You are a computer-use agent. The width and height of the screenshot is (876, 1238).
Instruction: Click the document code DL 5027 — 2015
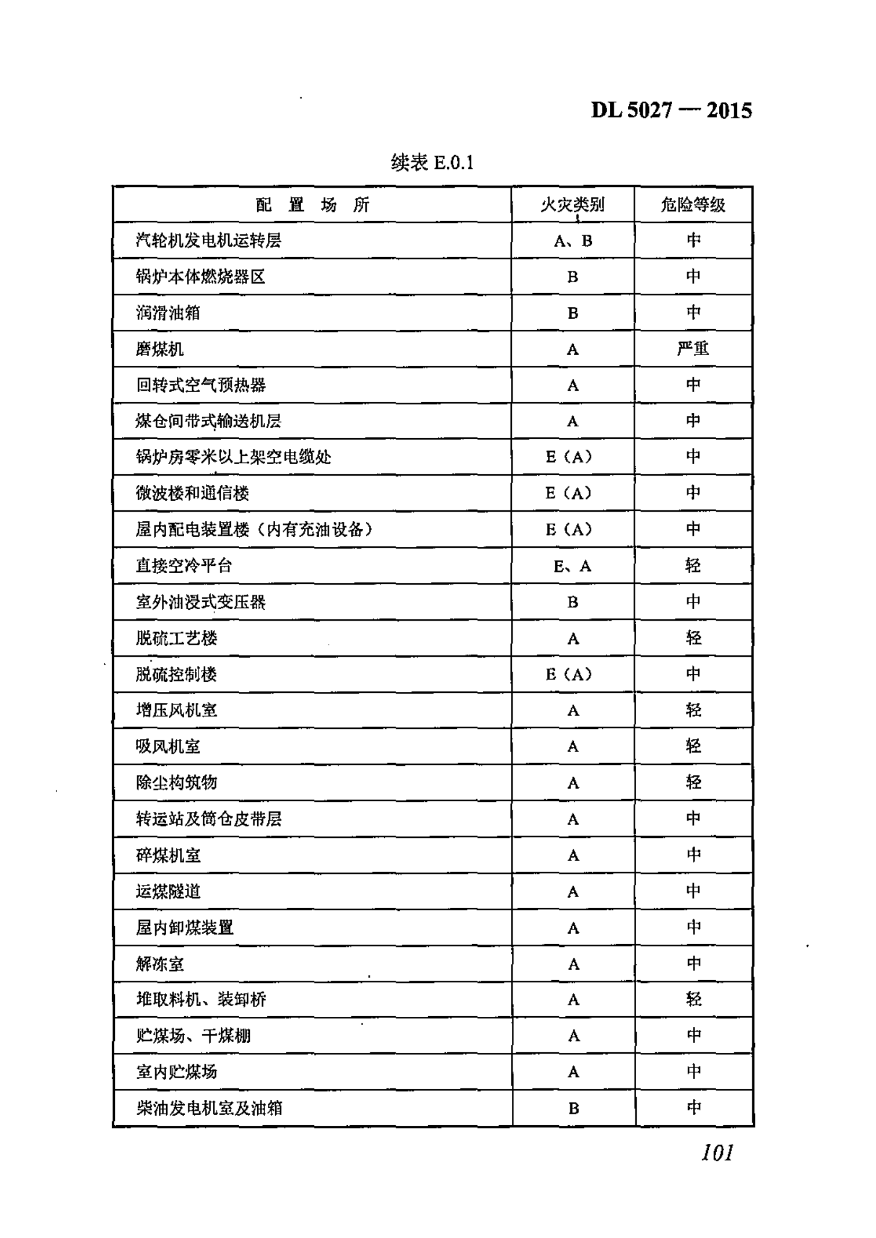coord(671,111)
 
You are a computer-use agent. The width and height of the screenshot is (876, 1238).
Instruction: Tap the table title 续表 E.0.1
coord(432,162)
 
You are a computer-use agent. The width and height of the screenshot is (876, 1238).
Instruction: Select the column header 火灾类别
coord(572,205)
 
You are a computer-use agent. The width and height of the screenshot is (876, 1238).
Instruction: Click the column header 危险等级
coord(693,205)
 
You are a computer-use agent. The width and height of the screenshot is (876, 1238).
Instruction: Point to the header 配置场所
coord(312,205)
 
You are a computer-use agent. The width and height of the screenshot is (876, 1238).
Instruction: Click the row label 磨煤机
coord(160,349)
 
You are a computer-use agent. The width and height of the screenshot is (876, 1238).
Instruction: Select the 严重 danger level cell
coord(693,348)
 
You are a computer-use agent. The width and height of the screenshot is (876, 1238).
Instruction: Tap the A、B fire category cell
coord(573,241)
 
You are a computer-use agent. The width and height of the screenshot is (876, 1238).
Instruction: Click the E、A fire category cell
coord(572,566)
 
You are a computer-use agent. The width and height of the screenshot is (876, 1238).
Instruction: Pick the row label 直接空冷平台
coord(184,566)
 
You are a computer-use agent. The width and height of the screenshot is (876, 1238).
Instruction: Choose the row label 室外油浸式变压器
coord(201,602)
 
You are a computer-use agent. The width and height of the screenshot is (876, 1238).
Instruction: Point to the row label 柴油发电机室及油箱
coord(209,1108)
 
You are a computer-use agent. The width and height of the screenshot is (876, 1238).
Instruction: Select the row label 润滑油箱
coord(168,313)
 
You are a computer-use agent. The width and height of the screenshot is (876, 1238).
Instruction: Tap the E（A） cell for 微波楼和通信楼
coord(568,493)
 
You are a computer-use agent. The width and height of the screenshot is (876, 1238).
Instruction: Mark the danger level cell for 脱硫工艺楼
coord(694,638)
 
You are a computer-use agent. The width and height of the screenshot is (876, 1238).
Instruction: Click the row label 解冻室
coord(160,964)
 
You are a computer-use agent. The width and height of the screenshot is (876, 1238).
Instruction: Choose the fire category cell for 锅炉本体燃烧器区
coord(573,277)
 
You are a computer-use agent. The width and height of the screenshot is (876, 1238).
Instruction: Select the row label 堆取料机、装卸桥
coord(201,1000)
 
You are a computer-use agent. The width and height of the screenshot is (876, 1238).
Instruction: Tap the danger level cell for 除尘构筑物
coord(694,783)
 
